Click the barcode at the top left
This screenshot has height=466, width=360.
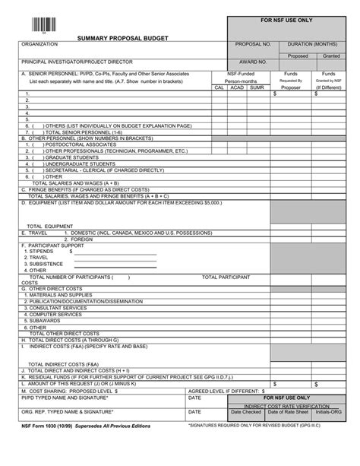[x=43, y=22]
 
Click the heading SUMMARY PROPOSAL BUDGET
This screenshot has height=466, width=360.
[x=123, y=37]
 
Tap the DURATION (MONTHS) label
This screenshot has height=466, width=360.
[x=313, y=45]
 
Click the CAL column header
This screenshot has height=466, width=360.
[x=219, y=87]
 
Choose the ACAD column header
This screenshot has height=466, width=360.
[x=237, y=87]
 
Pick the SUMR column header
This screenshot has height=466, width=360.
[x=257, y=87]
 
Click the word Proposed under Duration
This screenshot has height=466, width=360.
[x=297, y=55]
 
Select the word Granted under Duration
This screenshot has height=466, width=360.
[x=331, y=55]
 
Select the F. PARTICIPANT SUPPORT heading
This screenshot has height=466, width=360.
[x=52, y=246]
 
